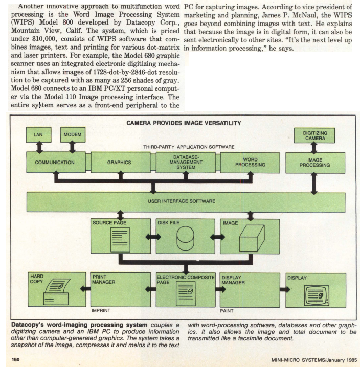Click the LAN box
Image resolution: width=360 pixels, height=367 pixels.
(38, 135)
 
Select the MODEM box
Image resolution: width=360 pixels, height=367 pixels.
(73, 135)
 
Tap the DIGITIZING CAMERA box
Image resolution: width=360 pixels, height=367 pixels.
(314, 135)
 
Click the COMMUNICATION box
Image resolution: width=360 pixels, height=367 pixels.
(55, 163)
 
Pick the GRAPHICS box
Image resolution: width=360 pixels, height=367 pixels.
(119, 163)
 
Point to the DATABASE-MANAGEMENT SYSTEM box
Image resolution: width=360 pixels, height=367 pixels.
(186, 163)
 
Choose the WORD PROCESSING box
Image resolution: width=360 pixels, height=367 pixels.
(250, 163)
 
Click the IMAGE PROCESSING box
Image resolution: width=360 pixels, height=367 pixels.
(314, 163)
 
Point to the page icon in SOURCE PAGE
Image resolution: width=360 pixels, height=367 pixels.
(120, 240)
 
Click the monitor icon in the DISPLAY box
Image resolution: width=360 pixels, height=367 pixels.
(315, 294)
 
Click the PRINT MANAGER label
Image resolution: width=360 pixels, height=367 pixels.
(103, 279)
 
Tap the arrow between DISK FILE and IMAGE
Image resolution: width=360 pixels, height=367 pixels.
(218, 237)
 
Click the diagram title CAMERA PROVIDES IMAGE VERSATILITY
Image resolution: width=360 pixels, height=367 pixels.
(184, 123)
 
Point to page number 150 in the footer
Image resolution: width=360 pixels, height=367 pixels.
(15, 359)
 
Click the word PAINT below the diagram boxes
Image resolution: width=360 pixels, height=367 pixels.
(227, 310)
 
